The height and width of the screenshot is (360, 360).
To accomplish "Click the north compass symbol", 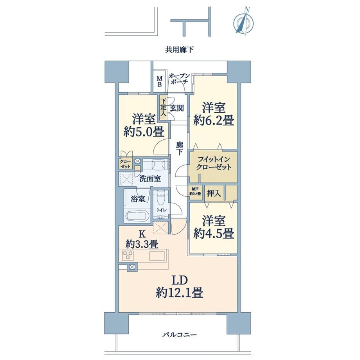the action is click(242, 23).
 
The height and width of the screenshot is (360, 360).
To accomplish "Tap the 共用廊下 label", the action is click(180, 50).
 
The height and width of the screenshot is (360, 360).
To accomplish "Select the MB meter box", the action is click(160, 81).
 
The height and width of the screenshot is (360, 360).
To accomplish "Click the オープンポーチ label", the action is click(180, 79).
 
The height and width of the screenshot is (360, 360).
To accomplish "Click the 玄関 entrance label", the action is click(177, 108).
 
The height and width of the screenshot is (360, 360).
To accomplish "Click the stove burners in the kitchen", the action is click(128, 255).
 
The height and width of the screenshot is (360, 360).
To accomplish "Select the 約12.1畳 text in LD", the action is click(179, 292).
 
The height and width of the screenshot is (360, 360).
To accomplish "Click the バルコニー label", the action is click(180, 335).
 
